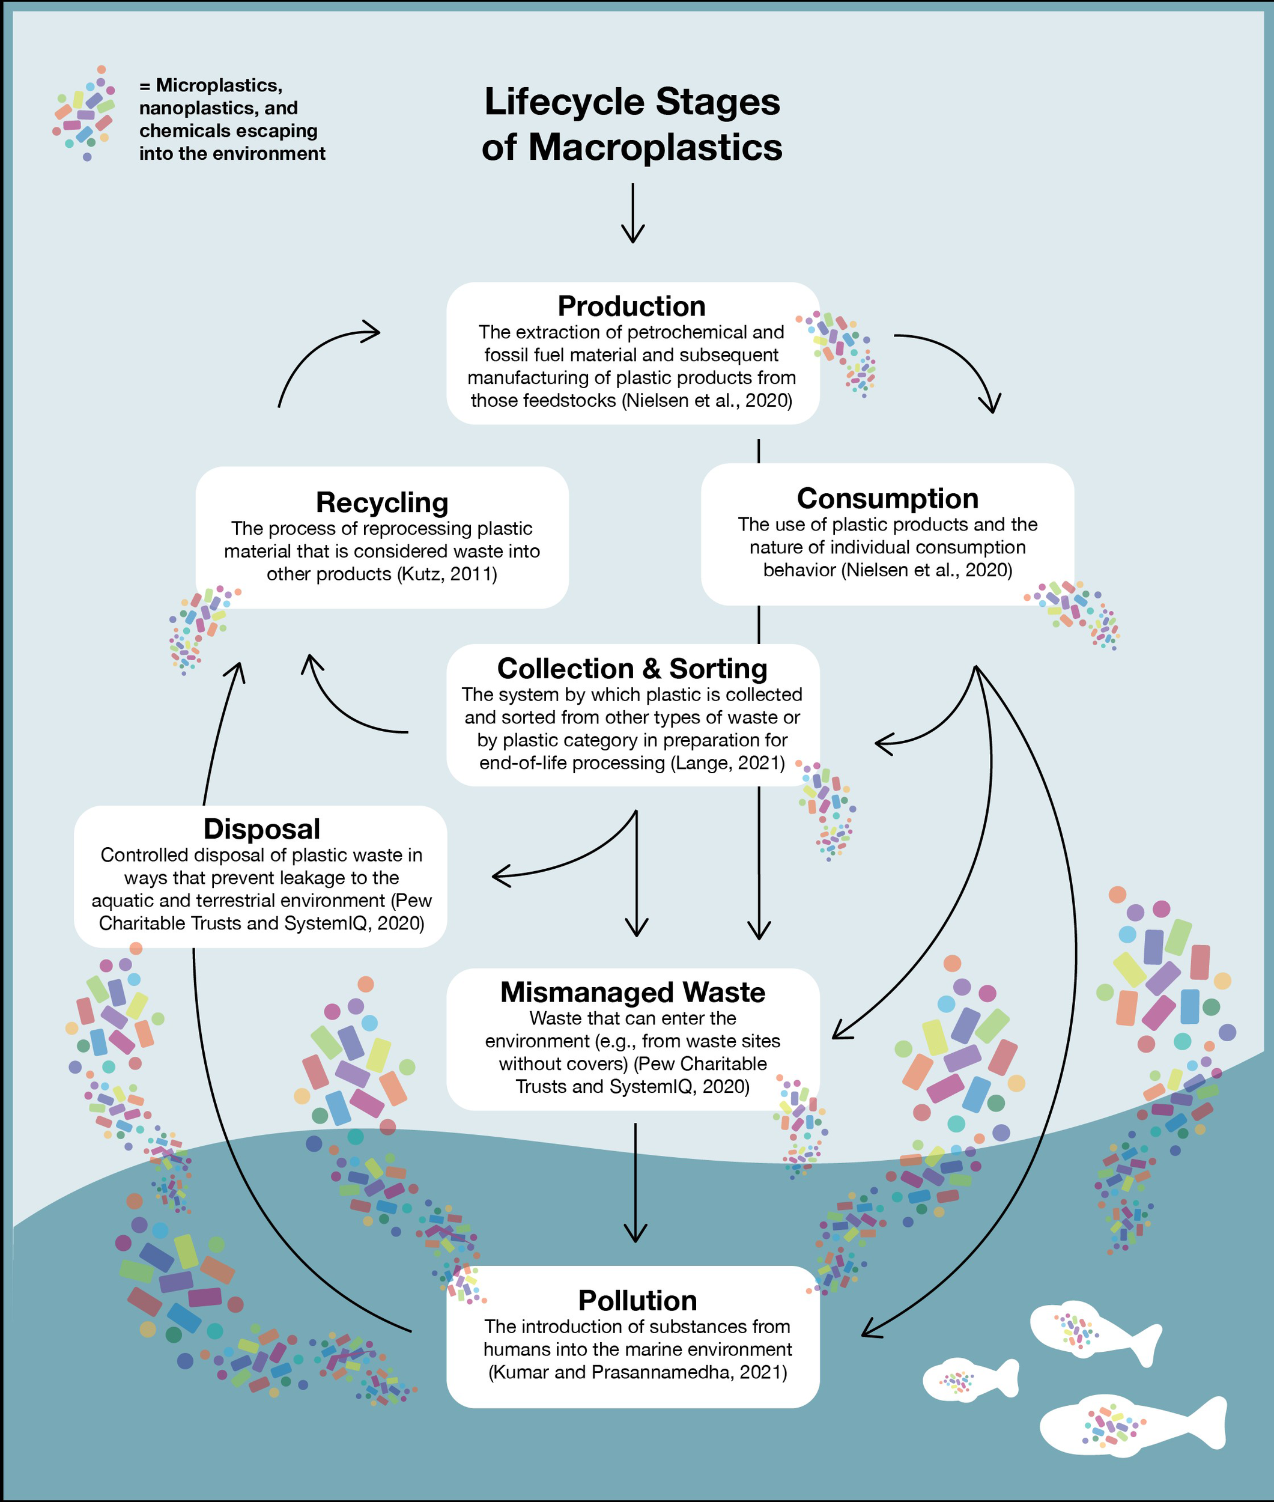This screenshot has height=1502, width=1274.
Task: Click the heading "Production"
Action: tap(631, 306)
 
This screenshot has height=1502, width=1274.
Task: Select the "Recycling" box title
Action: tap(382, 502)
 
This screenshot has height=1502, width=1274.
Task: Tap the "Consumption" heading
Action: tap(888, 499)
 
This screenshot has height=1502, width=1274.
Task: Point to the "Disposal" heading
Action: tap(261, 829)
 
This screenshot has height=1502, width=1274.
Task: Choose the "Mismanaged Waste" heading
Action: tap(632, 992)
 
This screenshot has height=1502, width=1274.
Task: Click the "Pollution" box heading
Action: tap(638, 1301)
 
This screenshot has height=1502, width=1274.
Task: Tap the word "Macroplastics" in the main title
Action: tap(655, 147)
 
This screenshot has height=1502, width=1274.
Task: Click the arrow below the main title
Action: tap(632, 213)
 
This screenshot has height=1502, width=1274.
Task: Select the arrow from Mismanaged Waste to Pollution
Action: tap(635, 1182)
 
